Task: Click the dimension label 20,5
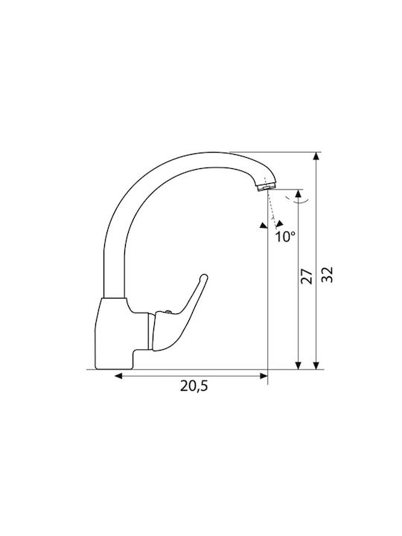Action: [194, 386]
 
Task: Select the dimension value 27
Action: [307, 276]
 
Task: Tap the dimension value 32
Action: [327, 275]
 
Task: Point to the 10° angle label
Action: [285, 237]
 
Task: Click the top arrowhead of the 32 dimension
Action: [316, 156]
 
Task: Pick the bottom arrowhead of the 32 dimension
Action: [316, 365]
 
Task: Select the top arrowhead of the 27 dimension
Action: [299, 194]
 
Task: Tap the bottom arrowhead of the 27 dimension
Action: [299, 365]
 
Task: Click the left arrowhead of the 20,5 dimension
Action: [118, 376]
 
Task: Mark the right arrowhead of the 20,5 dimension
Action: [264, 376]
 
